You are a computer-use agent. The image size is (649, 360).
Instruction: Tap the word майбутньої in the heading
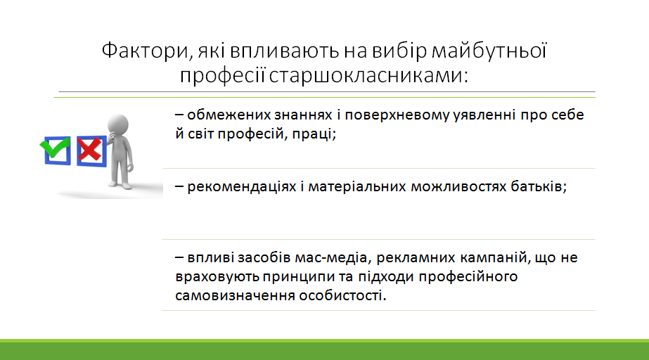point(489,51)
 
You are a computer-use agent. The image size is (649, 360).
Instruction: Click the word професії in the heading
point(222,76)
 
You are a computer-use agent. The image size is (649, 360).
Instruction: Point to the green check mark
point(55,146)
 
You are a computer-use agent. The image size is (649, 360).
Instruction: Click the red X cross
point(89,149)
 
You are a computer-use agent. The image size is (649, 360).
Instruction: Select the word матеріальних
point(357,187)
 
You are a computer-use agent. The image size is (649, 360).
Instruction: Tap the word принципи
point(298,277)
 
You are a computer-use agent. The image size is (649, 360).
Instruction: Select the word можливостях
point(458,186)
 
